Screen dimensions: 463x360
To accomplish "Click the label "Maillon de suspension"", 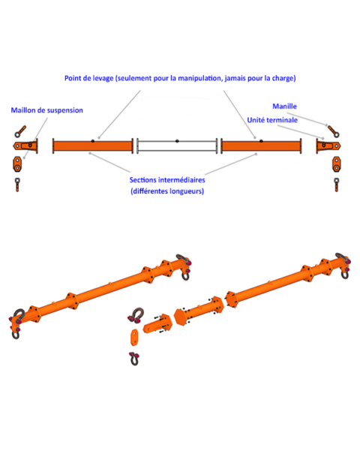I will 46,110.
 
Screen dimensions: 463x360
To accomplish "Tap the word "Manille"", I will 284,107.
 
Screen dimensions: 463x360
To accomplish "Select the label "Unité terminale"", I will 272,120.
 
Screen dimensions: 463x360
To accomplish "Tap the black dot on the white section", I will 177,140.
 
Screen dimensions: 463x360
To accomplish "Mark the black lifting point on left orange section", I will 91,140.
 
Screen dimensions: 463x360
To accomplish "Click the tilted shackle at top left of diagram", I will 21,129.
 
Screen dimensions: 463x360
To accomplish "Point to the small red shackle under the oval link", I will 135,357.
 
